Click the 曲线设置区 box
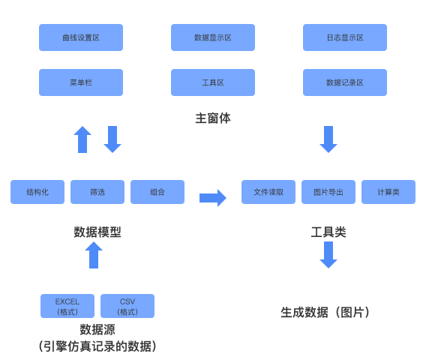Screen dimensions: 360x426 coord(81,37)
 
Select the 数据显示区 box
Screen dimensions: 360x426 coord(213,37)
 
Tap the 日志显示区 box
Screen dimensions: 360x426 coord(345,37)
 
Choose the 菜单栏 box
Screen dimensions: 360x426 coord(81,82)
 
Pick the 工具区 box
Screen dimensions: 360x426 coord(213,82)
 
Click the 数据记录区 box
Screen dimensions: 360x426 coord(345,82)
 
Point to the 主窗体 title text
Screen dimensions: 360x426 coord(213,118)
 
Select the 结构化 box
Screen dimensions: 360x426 coord(37,192)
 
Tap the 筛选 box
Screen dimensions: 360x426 coord(97,192)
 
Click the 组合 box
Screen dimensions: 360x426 coord(157,192)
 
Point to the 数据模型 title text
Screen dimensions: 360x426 coord(97,232)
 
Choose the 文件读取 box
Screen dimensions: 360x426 coord(268,192)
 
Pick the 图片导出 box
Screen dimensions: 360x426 coord(328,192)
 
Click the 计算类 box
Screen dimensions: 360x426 coord(388,192)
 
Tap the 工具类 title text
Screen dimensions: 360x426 coord(328,232)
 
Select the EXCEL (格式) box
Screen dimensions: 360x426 coord(67,306)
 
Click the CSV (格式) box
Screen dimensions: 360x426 coord(127,306)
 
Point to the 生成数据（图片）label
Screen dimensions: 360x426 coord(328,312)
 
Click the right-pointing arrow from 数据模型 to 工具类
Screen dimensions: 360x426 coord(213,198)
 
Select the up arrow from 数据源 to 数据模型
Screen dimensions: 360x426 coord(94,255)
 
